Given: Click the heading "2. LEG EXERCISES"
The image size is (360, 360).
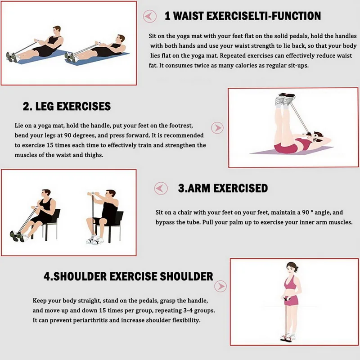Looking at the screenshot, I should (x=67, y=107).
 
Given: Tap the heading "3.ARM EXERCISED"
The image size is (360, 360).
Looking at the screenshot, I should (x=223, y=188).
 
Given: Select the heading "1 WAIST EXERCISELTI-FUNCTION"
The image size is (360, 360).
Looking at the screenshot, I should (x=243, y=17).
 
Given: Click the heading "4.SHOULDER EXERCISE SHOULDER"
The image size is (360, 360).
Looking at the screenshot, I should (x=128, y=276).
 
